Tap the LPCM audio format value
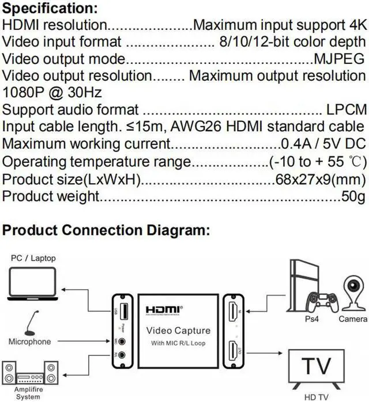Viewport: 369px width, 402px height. [x=344, y=109]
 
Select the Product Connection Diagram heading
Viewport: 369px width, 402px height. [x=105, y=230]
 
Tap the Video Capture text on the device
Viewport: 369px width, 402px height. [x=178, y=331]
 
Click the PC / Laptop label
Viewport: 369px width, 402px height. [x=33, y=258]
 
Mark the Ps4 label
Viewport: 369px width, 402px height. [x=316, y=319]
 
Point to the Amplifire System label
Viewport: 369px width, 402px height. [x=25, y=395]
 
